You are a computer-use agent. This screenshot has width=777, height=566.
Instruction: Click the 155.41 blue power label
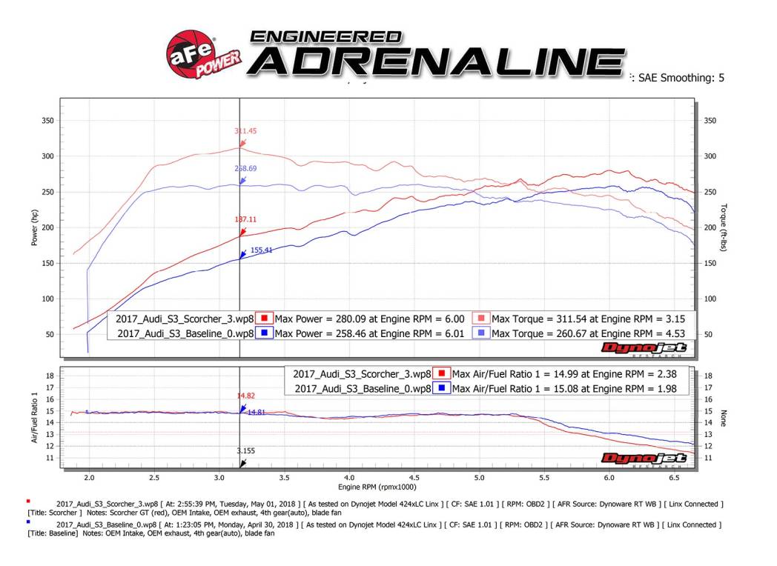tap(262, 250)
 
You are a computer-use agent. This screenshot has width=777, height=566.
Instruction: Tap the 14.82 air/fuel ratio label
tap(246, 396)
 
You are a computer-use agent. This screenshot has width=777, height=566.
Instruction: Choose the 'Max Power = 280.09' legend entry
tap(369, 319)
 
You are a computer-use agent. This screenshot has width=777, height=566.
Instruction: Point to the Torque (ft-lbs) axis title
tap(724, 227)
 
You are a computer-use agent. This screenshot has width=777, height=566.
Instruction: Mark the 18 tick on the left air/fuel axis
tap(50, 376)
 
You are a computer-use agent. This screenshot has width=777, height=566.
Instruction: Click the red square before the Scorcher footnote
tap(28, 502)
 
